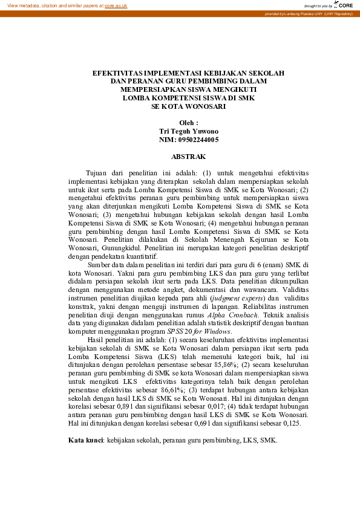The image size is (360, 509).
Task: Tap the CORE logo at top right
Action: coord(344,5)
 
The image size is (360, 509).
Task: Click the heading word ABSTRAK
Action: coord(188,156)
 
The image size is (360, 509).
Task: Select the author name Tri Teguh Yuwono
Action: coord(188,131)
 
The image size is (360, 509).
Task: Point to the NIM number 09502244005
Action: coord(197,140)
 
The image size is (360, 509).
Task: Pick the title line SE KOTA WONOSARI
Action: coord(188,106)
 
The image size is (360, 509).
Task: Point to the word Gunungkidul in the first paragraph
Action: coord(122,248)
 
